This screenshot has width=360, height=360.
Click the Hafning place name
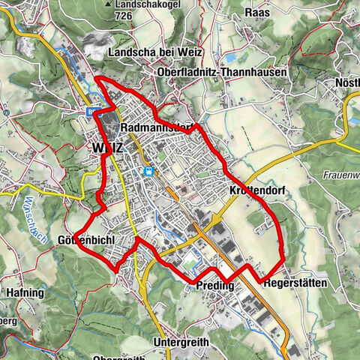coord(25,293)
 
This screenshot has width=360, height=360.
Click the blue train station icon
coord(148,171)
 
